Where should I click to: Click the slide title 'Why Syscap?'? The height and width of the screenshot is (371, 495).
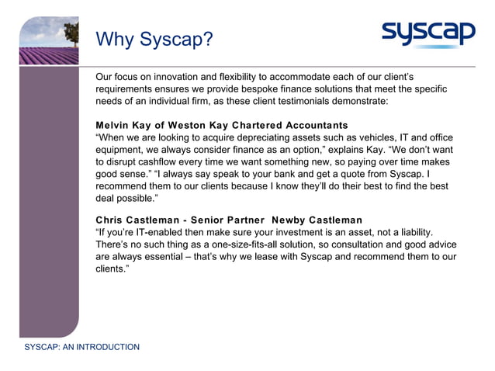[x=154, y=39]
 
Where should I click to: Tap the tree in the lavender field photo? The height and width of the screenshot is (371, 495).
[x=71, y=32]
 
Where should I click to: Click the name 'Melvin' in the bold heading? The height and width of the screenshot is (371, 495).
[x=113, y=126]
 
